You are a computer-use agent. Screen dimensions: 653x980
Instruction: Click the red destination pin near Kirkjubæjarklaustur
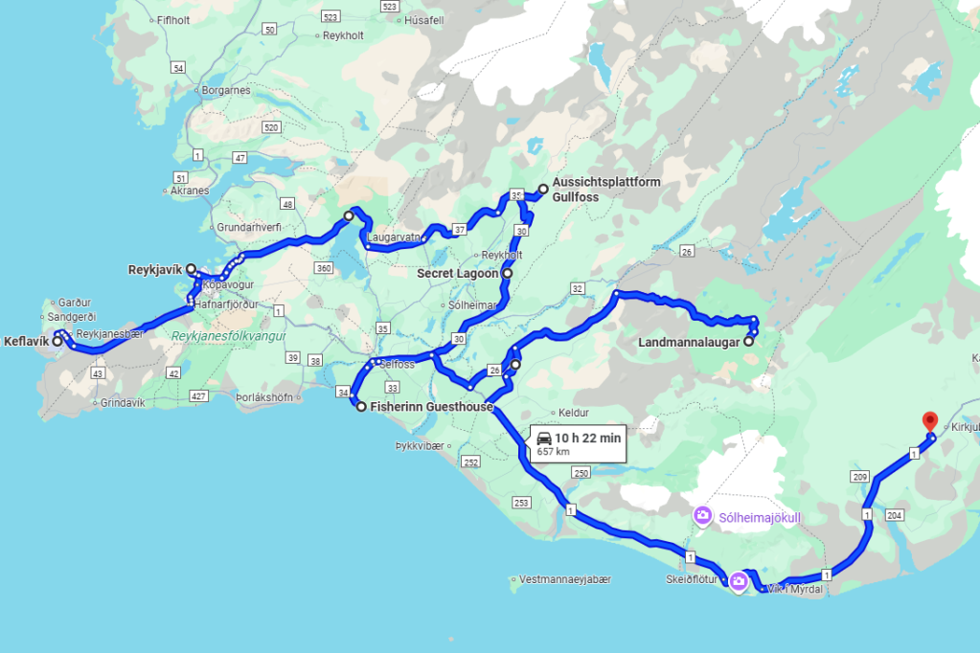pos(928,421)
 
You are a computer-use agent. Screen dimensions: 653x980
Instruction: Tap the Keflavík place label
pos(26,341)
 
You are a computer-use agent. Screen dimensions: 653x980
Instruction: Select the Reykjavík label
pos(156,270)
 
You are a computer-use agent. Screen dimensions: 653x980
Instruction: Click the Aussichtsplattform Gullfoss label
pos(606,190)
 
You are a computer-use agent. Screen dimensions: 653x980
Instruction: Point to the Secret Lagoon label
pos(457,274)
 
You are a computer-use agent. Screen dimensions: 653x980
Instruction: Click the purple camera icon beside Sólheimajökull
pos(702,517)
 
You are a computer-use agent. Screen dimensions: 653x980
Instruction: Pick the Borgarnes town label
pos(225,91)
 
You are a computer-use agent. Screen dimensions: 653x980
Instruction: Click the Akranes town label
pos(189,191)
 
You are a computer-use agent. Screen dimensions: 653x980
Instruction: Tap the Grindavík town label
pos(122,403)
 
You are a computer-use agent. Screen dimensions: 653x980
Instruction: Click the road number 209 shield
pos(859,477)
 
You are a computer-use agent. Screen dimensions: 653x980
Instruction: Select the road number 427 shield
pos(199,395)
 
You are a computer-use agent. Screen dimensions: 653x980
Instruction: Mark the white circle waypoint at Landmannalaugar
pos(748,341)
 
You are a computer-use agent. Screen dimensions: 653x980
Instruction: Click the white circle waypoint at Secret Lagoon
pos(507,274)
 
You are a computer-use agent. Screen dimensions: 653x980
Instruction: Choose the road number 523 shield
pos(331,17)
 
